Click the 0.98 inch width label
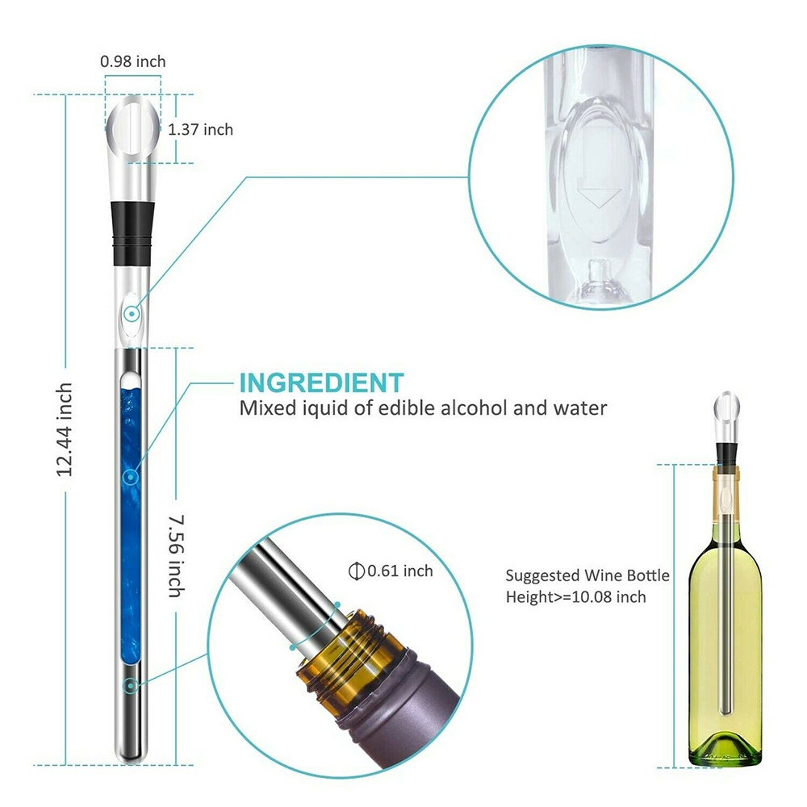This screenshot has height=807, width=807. (x=133, y=61)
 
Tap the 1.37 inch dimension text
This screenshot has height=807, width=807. (x=200, y=129)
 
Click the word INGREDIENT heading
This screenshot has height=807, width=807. (x=320, y=382)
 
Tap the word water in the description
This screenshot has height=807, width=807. (x=577, y=408)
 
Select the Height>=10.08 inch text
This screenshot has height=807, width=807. (x=576, y=597)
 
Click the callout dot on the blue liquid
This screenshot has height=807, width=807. (x=130, y=477)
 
